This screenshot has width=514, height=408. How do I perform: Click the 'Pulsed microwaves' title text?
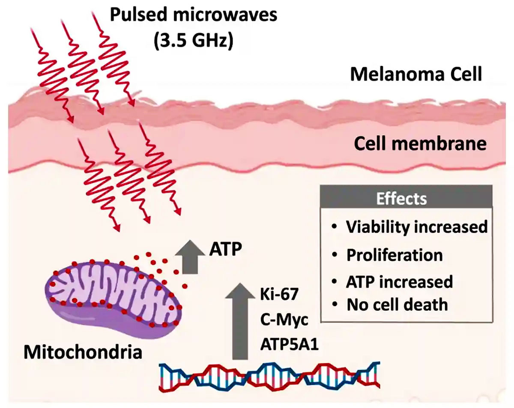[194, 15]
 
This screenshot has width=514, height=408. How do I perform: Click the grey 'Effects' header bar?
[401, 199]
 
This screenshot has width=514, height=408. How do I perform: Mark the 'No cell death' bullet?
[397, 304]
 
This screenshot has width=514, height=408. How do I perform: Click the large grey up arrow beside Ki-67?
[240, 322]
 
